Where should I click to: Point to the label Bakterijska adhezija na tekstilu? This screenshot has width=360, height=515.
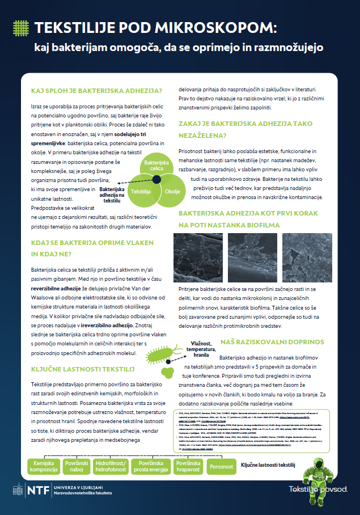point(112,195)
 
